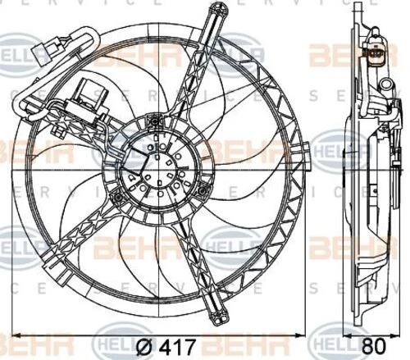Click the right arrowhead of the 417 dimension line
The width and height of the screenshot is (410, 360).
pyautogui.click(x=305, y=335)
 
